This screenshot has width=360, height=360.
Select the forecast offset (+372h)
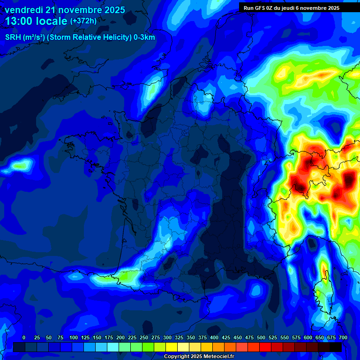[83, 21]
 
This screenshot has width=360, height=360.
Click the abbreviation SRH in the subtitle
[13, 37]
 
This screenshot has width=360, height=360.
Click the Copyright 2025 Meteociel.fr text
[199, 357]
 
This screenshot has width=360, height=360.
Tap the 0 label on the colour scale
[24, 337]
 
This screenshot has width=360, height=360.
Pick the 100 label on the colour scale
[74, 337]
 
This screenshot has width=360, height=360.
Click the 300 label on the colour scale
[167, 337]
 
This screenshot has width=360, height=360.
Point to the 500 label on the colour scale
[261, 337]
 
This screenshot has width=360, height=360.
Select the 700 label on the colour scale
[343, 337]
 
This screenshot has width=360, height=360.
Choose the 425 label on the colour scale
[226, 337]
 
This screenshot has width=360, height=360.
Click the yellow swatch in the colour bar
[172, 347]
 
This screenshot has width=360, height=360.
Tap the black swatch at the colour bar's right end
[336, 347]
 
